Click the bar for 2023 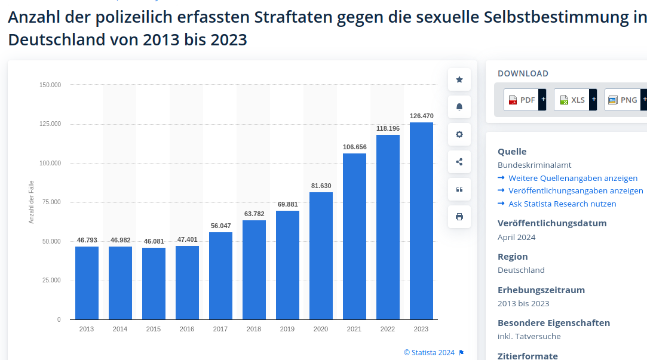click(421, 221)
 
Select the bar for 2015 click(154, 284)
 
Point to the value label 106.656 click(354, 147)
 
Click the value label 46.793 click(87, 240)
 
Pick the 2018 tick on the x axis click(254, 329)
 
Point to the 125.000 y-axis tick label click(50, 124)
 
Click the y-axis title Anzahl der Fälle click(32, 202)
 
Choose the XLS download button click(571, 100)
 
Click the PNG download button click(622, 100)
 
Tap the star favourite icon click(459, 79)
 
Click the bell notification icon click(459, 107)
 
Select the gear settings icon click(459, 134)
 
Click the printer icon click(459, 217)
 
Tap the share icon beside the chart click(459, 162)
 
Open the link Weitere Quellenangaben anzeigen click(572, 178)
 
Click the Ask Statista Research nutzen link click(562, 204)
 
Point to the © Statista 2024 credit click(429, 352)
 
